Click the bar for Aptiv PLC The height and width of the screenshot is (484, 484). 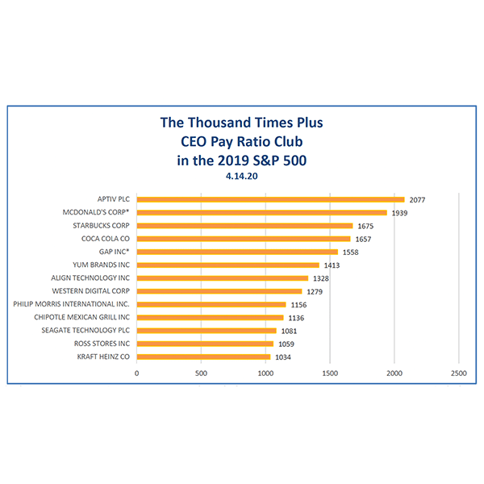pyautogui.click(x=270, y=199)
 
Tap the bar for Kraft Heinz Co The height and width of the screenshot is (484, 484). pyautogui.click(x=203, y=357)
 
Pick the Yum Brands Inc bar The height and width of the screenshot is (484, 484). pyautogui.click(x=227, y=265)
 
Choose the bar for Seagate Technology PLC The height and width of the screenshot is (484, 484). pyautogui.click(x=206, y=331)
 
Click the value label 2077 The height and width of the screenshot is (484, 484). pyautogui.click(x=417, y=199)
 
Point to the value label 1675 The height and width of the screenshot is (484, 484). pyautogui.click(x=365, y=226)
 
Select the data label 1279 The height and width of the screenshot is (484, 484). pyautogui.click(x=315, y=291)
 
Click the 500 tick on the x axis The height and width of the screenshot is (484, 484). pyautogui.click(x=201, y=373)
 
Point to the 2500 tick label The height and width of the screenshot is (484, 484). pyautogui.click(x=458, y=373)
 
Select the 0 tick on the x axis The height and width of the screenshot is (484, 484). pyautogui.click(x=137, y=373)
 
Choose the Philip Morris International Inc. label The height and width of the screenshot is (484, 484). pyautogui.click(x=72, y=304)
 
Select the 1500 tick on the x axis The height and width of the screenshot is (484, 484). pyautogui.click(x=329, y=373)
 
